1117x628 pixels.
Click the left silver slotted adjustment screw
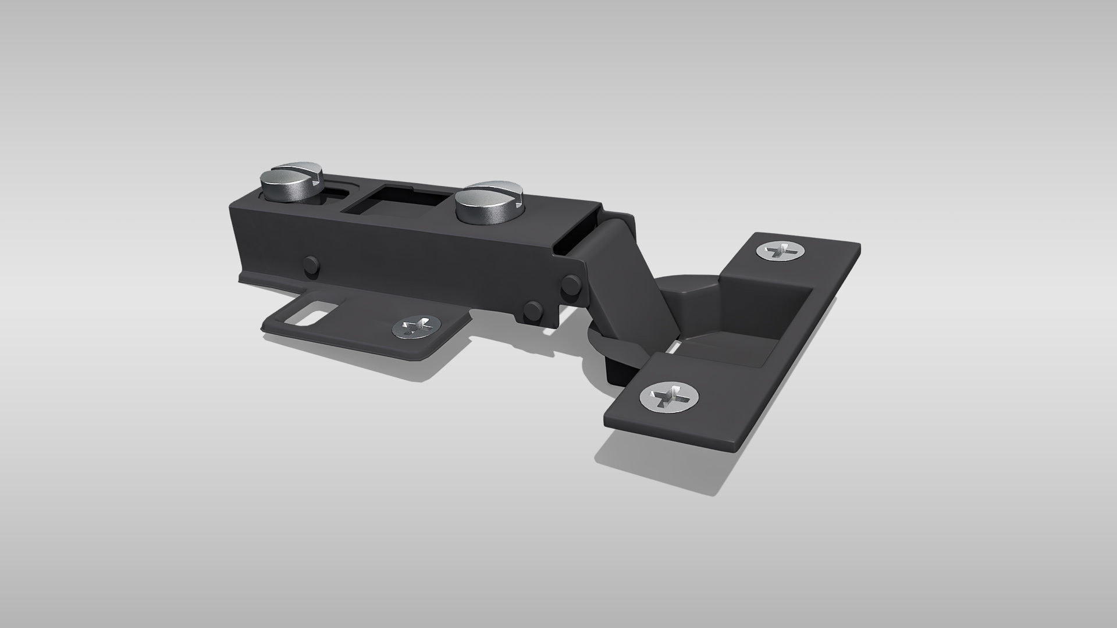[x=289, y=185]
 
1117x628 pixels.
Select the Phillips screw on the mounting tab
[x=415, y=327]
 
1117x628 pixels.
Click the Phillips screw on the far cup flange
[x=781, y=251]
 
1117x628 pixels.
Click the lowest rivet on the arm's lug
[x=532, y=312]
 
